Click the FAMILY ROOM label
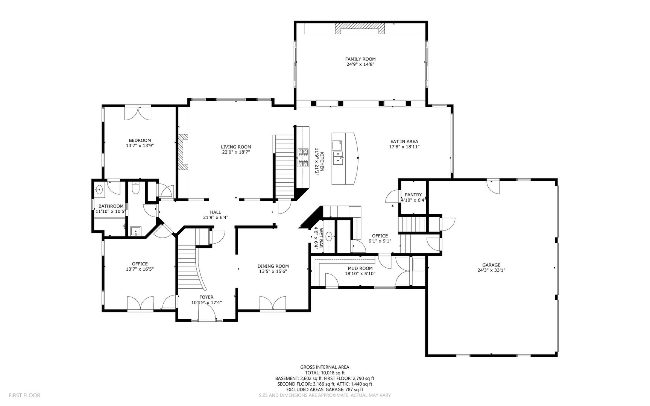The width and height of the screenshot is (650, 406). point(360,59)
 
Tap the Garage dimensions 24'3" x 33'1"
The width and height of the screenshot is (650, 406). point(491,270)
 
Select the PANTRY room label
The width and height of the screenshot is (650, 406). point(413,195)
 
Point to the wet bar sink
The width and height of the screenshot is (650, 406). point(329,237)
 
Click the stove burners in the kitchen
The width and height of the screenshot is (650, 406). point(303,158)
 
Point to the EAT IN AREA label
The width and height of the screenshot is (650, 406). point(404,142)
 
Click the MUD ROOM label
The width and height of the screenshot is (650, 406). point(360,268)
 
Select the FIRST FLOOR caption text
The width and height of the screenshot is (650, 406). point(24,395)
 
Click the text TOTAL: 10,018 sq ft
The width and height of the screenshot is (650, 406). point(325,373)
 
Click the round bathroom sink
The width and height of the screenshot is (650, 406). point(100,189)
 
